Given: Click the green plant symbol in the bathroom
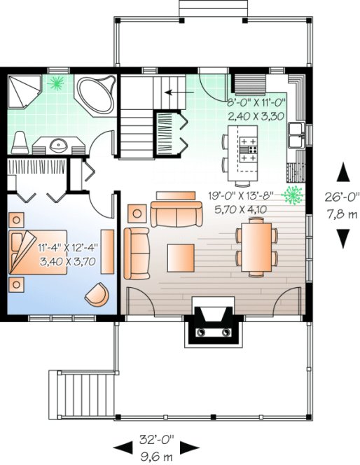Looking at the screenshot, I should pos(55,83).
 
